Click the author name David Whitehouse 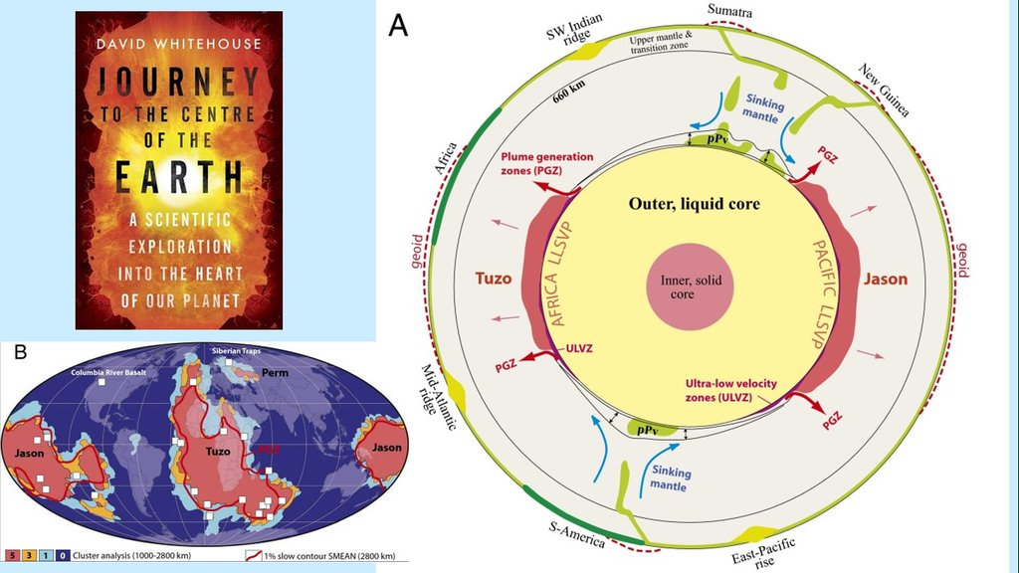pos(179,46)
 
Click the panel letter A pos(398,26)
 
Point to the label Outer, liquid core pos(694,204)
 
